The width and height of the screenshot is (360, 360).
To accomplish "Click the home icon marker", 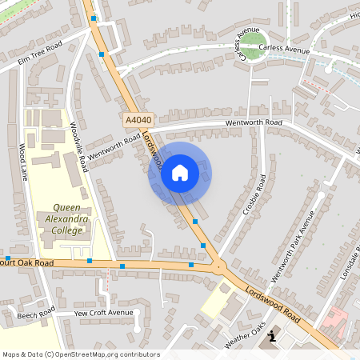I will [180, 172].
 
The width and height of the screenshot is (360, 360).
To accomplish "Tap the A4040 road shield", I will [138, 119].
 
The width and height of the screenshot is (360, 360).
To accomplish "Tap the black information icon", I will [273, 336].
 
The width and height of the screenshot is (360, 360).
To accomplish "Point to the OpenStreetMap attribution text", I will [81, 354].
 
